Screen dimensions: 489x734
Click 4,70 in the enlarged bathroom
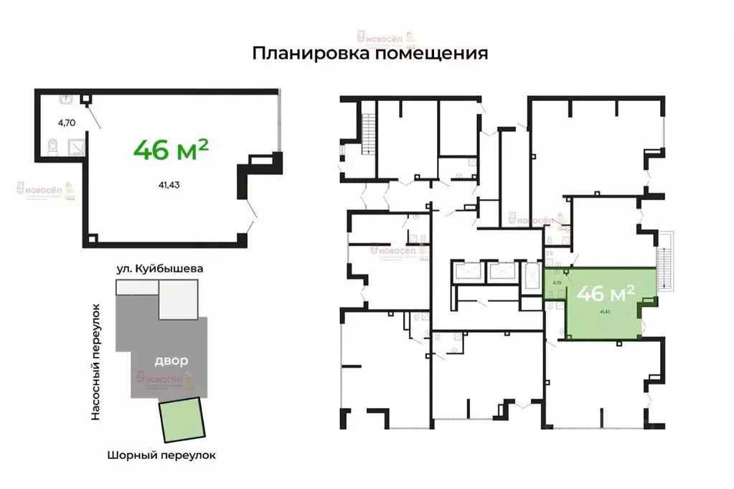tap(67, 122)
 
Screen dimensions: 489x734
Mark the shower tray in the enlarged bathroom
tap(77, 148)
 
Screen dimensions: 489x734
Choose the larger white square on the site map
tap(178, 300)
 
